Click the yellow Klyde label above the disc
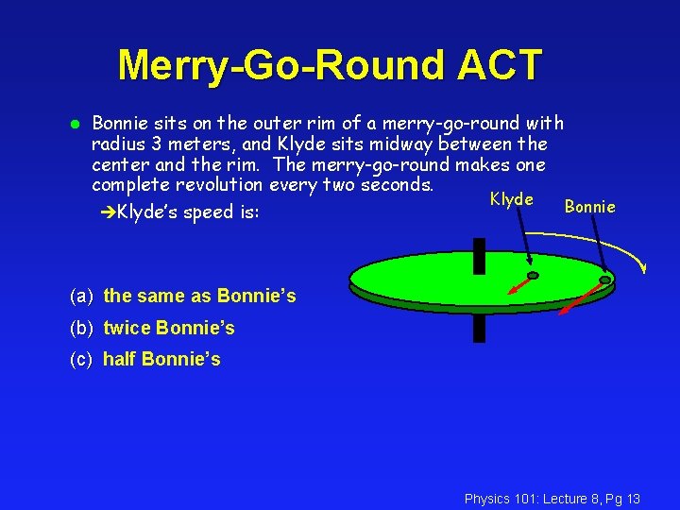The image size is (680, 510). [511, 199]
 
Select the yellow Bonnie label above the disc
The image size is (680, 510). [589, 206]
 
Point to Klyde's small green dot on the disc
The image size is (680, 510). [533, 276]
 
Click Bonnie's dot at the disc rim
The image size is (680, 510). [604, 280]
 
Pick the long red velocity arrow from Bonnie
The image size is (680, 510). [578, 297]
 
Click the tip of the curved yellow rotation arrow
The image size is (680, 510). [644, 268]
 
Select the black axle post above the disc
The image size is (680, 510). [480, 254]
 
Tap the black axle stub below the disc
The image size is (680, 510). [480, 327]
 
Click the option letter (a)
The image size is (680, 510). [81, 296]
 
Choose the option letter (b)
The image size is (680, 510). [81, 328]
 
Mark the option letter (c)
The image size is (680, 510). [81, 359]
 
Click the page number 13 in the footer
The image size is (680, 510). [632, 498]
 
